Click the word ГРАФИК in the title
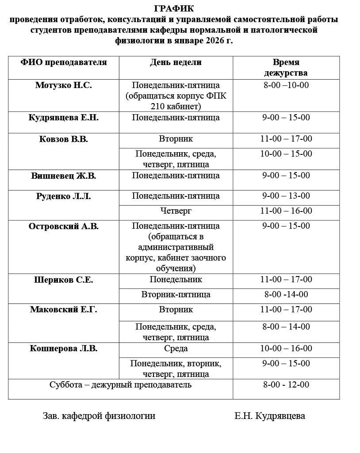pyautogui.click(x=174, y=8)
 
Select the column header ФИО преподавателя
pyautogui.click(x=64, y=62)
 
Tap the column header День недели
pyautogui.click(x=176, y=62)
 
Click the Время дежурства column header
pyautogui.click(x=286, y=68)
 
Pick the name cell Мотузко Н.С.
pyautogui.click(x=64, y=85)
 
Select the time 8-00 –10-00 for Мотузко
pyautogui.click(x=286, y=85)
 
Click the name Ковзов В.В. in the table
pyautogui.click(x=64, y=139)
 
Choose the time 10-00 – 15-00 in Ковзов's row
pyautogui.click(x=286, y=154)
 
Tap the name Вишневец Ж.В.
pyautogui.click(x=64, y=176)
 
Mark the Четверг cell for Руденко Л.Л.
pyautogui.click(x=176, y=211)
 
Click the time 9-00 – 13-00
pyautogui.click(x=286, y=196)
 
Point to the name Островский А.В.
pyautogui.click(x=64, y=226)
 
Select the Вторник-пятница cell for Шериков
pyautogui.click(x=176, y=295)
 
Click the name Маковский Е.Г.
pyautogui.click(x=64, y=310)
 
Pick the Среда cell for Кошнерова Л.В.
pyautogui.click(x=176, y=349)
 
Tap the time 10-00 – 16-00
pyautogui.click(x=286, y=349)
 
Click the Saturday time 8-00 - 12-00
pyautogui.click(x=286, y=385)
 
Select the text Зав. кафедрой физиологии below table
pyautogui.click(x=99, y=416)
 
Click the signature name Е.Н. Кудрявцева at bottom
pyautogui.click(x=270, y=416)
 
